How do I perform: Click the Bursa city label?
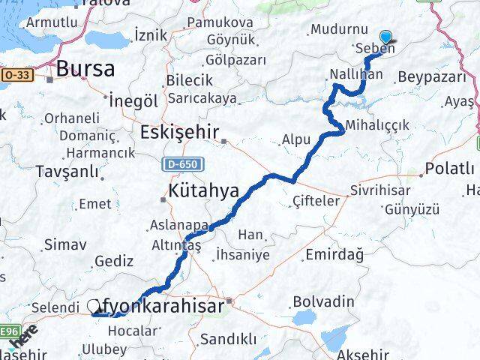coord(87,70)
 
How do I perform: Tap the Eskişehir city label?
coord(178,133)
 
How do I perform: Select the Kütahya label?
coord(204,190)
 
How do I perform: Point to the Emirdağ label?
coord(334,255)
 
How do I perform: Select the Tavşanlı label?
coord(67,171)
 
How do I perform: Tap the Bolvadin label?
coord(323,301)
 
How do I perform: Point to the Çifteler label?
coord(316,201)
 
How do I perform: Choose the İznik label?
coord(150,34)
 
